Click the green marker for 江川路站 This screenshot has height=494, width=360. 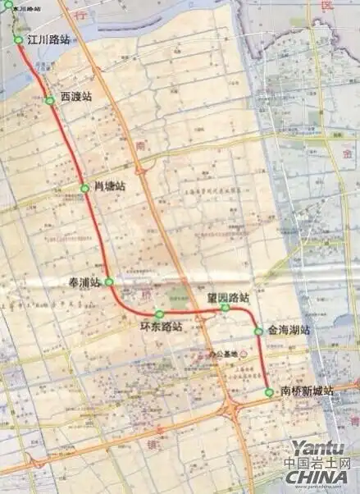pyautogui.click(x=18, y=39)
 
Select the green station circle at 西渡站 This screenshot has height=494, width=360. pyautogui.click(x=50, y=100)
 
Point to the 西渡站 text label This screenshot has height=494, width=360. pyautogui.click(x=76, y=96)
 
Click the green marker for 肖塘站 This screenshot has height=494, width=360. pyautogui.click(x=84, y=188)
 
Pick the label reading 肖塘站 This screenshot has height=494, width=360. pyautogui.click(x=111, y=188)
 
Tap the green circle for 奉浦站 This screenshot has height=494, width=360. pyautogui.click(x=108, y=281)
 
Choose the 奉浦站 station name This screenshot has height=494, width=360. pyautogui.click(x=84, y=281)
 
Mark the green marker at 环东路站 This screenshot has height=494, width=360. pyautogui.click(x=159, y=313)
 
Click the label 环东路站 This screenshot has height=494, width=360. pyautogui.click(x=161, y=327)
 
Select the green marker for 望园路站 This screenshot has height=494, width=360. pyautogui.click(x=225, y=308)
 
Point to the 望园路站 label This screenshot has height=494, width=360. pyautogui.click(x=228, y=296)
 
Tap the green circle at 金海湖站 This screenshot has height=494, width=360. pyautogui.click(x=258, y=332)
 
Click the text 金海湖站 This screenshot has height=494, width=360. pyautogui.click(x=289, y=330)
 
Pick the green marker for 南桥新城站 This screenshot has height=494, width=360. pyautogui.click(x=269, y=392)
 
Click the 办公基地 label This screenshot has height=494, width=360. pyautogui.click(x=219, y=354)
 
